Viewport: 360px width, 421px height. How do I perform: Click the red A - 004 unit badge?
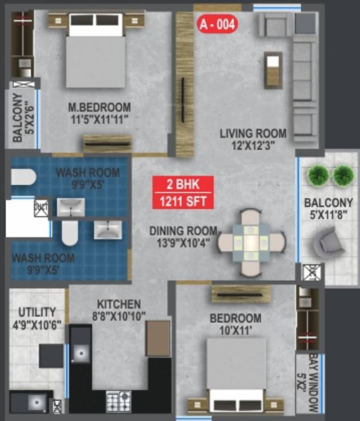(217, 25)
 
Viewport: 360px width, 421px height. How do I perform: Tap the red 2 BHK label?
(183, 185)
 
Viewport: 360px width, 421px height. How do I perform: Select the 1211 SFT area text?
(183, 201)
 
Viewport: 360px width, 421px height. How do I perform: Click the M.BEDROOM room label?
(99, 107)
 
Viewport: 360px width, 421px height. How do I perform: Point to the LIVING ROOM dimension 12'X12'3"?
(253, 145)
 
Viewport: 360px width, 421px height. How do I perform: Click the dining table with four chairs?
(251, 242)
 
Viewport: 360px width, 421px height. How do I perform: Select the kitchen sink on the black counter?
(80, 353)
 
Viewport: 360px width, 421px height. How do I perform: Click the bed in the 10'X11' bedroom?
(237, 373)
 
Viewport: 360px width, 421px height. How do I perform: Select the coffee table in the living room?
(273, 70)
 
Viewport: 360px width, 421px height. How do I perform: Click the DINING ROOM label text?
(183, 231)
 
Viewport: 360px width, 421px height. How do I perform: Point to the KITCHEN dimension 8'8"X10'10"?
(119, 316)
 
